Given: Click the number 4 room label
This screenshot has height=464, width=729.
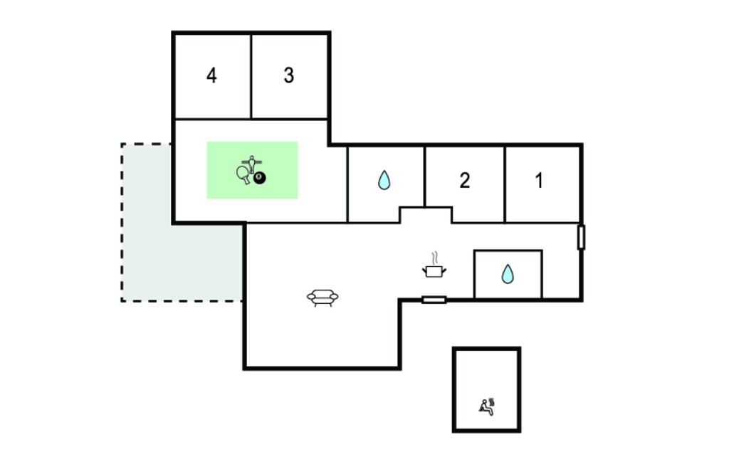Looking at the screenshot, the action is pyautogui.click(x=211, y=75).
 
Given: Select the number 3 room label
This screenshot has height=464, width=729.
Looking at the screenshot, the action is pyautogui.click(x=289, y=75).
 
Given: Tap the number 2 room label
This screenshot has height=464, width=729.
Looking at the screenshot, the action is pyautogui.click(x=464, y=180).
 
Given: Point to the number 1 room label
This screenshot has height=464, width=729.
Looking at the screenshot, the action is pyautogui.click(x=539, y=180).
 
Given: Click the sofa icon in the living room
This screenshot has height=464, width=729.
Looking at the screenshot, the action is pyautogui.click(x=322, y=297).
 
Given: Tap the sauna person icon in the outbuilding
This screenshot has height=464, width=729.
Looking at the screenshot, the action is pyautogui.click(x=487, y=406).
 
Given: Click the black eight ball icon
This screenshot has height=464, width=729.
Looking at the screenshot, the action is pyautogui.click(x=259, y=178).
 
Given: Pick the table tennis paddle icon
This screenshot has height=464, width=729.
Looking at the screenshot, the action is pyautogui.click(x=243, y=175).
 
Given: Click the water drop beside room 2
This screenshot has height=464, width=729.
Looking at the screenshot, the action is pyautogui.click(x=384, y=180).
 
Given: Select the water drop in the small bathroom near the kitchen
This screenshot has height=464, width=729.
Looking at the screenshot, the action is pyautogui.click(x=508, y=274).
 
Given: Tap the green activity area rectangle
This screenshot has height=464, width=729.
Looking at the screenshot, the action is pyautogui.click(x=253, y=170).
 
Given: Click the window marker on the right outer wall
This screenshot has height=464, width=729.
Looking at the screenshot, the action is pyautogui.click(x=581, y=237).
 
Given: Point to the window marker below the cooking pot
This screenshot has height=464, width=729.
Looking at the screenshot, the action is pyautogui.click(x=434, y=300).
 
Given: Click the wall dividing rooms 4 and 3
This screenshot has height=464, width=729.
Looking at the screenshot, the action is pyautogui.click(x=251, y=76).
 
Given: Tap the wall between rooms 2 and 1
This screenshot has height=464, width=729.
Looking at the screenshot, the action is pyautogui.click(x=505, y=184).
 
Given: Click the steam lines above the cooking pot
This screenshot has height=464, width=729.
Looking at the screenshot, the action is pyautogui.click(x=435, y=258).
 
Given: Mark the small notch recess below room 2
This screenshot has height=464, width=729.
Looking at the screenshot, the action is pyautogui.click(x=426, y=215).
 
